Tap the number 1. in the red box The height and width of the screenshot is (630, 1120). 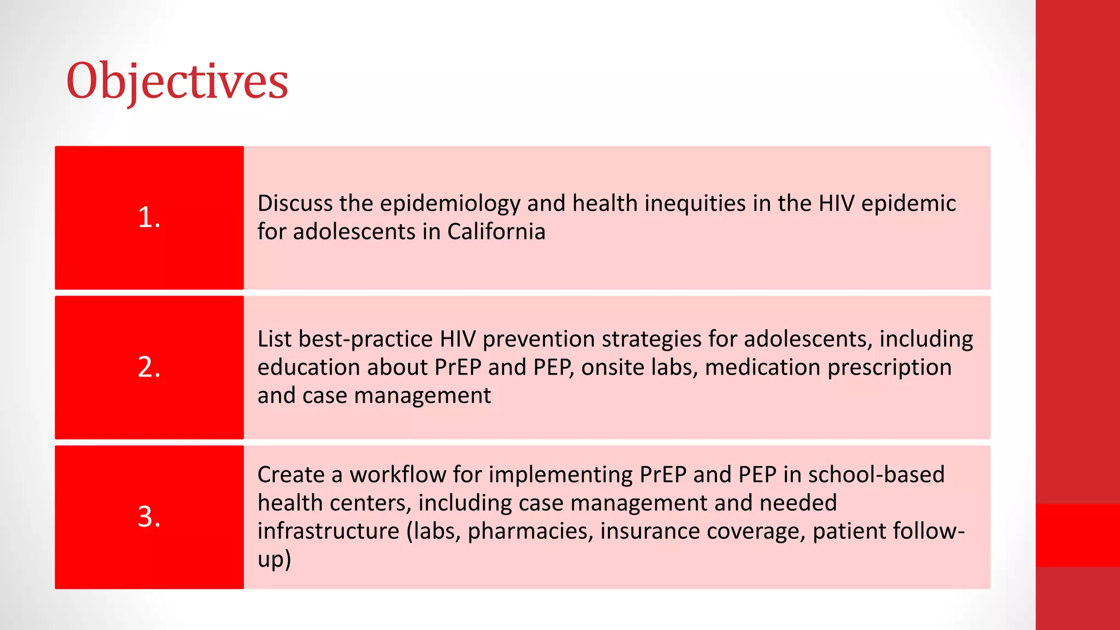pos(149,218)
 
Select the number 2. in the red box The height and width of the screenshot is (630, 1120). pos(149,367)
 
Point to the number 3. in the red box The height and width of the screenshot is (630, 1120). pos(149,517)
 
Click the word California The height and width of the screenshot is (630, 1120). pos(496,231)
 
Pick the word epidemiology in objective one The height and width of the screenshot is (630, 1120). pos(450,204)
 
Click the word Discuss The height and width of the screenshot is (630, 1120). pos(295,203)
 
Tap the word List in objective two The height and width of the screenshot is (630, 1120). pos(275,339)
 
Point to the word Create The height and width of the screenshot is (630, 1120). pos(290,475)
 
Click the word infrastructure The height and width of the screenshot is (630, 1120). pos(328,531)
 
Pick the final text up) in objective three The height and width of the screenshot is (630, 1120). pos(274,560)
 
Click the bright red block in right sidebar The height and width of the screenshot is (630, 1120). pos(1077,535)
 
